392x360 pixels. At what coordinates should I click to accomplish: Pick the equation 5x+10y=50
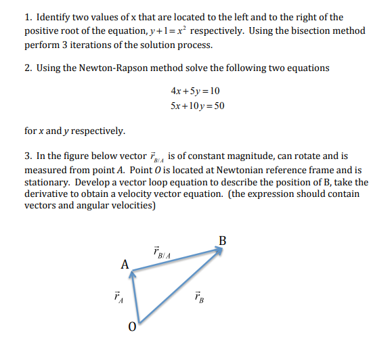198,106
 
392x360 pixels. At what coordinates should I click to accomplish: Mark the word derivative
47,194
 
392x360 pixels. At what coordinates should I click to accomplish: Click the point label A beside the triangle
125,265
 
